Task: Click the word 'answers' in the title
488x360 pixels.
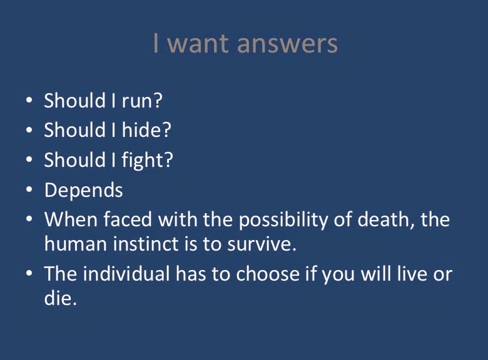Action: click(x=287, y=44)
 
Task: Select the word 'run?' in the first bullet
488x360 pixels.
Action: click(x=142, y=101)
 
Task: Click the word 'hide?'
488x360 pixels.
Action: click(x=146, y=129)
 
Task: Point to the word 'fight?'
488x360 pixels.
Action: click(x=147, y=161)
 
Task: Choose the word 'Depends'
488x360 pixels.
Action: click(x=83, y=190)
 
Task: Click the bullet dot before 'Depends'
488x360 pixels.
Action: click(x=29, y=189)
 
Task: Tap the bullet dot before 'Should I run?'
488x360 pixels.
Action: click(x=29, y=100)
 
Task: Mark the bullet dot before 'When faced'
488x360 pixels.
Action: click(x=29, y=219)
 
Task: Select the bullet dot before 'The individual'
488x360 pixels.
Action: click(x=29, y=273)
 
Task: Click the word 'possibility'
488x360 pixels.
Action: click(x=283, y=221)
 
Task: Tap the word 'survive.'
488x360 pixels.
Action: click(x=262, y=244)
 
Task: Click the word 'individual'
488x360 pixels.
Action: click(x=126, y=274)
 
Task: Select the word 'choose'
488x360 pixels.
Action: click(x=268, y=274)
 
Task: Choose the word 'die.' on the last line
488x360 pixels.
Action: click(x=61, y=298)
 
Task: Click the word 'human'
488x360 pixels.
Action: click(x=76, y=243)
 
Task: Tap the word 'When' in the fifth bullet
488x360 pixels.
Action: click(x=71, y=219)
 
